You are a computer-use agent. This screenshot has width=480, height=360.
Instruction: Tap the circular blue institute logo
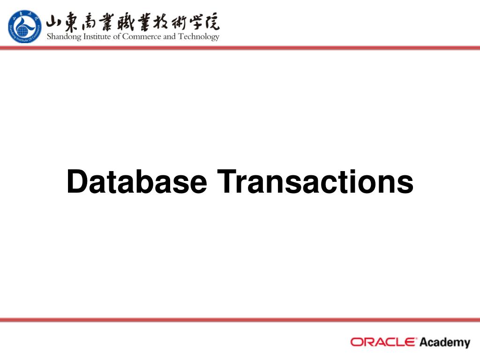[x=24, y=27]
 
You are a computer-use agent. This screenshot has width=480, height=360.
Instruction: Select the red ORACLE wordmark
[x=383, y=342]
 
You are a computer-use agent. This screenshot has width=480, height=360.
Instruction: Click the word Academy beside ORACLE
[x=444, y=343]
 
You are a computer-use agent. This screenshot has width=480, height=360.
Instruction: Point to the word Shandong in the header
[x=64, y=37]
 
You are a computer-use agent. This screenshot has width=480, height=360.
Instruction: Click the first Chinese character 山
[x=55, y=22]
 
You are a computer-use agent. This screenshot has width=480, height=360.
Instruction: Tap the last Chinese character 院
[x=211, y=22]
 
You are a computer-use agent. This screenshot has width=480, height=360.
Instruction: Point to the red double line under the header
[x=240, y=48]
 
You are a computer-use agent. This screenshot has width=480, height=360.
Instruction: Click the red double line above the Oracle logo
[x=240, y=320]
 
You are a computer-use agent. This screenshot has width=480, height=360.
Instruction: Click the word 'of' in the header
[x=116, y=37]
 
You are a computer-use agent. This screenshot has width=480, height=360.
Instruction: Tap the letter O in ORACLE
[x=357, y=342]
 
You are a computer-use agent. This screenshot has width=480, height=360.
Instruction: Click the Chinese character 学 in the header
[x=194, y=22]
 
